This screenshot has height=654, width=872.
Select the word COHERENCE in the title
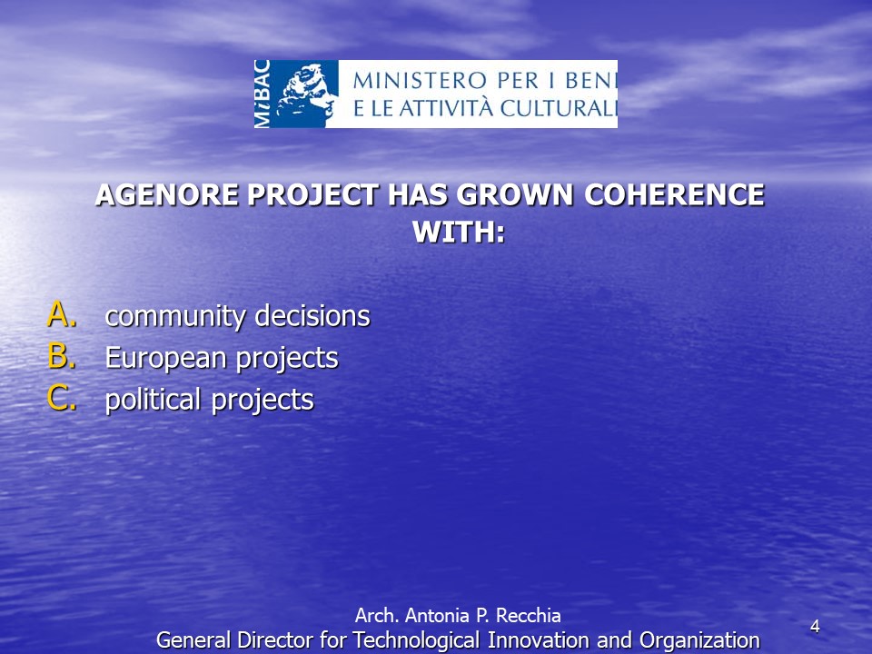(674, 195)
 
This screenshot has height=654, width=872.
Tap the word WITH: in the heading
(459, 232)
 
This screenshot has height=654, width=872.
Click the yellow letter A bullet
(62, 315)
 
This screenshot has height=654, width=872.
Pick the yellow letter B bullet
(62, 356)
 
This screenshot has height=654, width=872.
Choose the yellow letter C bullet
(62, 398)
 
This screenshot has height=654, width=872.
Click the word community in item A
(175, 317)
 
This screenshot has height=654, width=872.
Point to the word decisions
(312, 315)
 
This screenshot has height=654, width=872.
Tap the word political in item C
(153, 401)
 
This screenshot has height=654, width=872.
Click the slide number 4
(815, 627)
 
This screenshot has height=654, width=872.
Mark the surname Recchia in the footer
(528, 616)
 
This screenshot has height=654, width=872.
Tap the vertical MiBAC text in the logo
(262, 94)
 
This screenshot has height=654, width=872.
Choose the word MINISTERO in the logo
(421, 81)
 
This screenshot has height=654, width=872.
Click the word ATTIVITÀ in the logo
(446, 107)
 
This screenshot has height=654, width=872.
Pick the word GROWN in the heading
(514, 195)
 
